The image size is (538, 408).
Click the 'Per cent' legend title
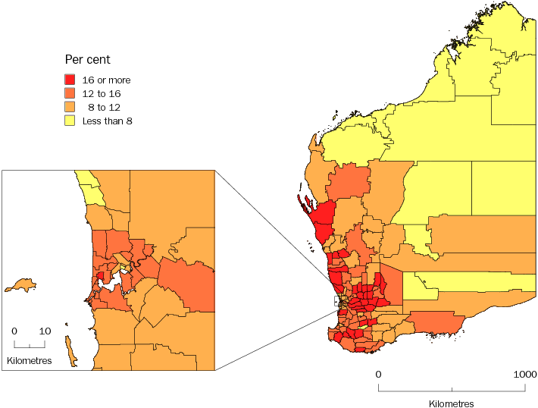[87, 60]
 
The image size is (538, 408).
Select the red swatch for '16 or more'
[70, 80]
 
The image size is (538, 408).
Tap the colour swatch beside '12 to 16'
[70, 93]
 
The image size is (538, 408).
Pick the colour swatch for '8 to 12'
[70, 107]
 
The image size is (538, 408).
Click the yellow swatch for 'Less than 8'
[70, 121]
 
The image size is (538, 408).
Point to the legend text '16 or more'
[106, 80]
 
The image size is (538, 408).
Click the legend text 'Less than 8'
[107, 121]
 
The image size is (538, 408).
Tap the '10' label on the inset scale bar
[45, 331]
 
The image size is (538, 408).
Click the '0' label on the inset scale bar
[14, 331]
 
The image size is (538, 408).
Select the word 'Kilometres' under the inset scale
[30, 361]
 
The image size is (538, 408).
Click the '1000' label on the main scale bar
[525, 375]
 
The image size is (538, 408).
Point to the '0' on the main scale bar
[378, 375]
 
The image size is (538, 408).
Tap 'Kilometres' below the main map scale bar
[452, 403]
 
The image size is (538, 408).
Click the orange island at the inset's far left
[20, 285]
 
